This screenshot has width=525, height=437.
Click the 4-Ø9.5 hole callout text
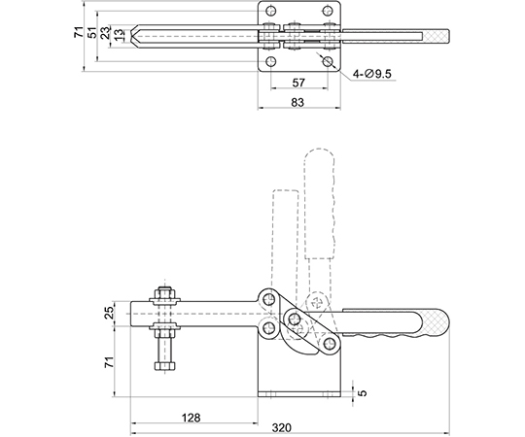point(372,73)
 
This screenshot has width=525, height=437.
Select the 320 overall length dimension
point(282,427)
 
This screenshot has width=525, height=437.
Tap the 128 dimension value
point(191,418)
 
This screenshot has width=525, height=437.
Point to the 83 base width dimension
point(297,102)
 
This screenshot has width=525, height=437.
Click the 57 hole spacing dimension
point(298,83)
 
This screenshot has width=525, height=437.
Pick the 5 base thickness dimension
point(363,392)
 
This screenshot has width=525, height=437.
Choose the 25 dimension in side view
point(110,313)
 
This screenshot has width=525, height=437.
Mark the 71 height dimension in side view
point(110,362)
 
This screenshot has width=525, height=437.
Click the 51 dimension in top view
point(92,32)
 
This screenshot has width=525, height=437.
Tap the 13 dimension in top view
point(119,35)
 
